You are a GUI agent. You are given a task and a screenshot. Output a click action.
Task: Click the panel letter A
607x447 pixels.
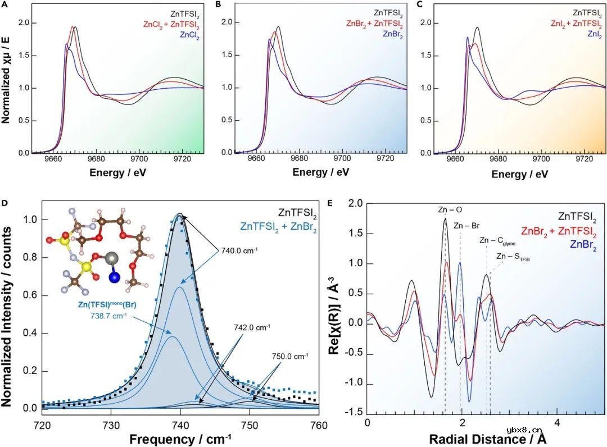coord(4,5)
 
